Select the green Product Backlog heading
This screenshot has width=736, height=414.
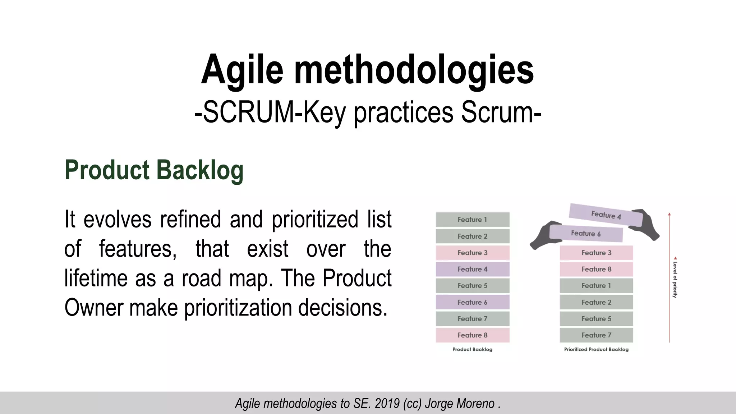point(154,170)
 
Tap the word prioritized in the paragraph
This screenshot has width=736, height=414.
point(315,219)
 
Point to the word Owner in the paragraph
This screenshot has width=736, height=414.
point(94,308)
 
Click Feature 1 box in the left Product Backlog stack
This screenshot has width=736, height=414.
point(472,220)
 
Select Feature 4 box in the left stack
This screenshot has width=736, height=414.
point(472,269)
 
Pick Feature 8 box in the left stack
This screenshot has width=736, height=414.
point(472,335)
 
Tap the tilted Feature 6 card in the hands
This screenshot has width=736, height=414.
point(586,234)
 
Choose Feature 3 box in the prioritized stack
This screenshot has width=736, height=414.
point(596,253)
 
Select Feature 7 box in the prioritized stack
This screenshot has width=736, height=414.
point(596,335)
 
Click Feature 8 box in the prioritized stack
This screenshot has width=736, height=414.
point(596,269)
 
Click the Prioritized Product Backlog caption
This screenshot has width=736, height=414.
point(596,349)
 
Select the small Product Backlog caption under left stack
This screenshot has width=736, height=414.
point(472,349)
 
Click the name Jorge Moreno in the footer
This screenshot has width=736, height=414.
point(460,404)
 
